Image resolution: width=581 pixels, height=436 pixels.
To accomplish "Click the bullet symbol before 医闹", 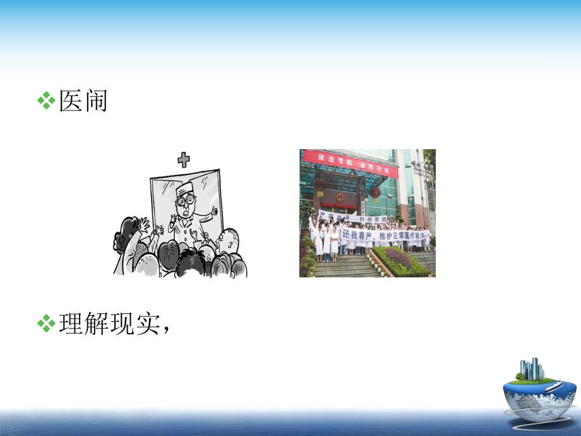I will coord(46,101).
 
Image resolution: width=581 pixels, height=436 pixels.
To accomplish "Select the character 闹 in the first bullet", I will coord(95,101).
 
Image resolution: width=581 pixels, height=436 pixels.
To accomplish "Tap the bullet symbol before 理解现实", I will coord(46,324).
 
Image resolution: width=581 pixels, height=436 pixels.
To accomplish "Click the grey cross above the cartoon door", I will coord(184,159).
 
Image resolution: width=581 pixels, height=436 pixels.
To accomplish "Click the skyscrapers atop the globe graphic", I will coord(532,369).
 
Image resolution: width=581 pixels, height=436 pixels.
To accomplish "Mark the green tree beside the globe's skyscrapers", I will coord(519,377).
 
